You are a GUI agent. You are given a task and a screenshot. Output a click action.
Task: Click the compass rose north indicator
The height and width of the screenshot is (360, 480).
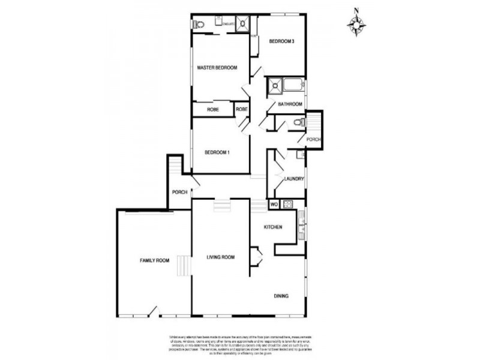point(356,24)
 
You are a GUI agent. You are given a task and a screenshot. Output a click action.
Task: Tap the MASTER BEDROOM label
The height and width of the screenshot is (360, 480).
point(217,68)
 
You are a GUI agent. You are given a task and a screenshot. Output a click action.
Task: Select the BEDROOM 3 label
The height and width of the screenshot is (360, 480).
point(281,41)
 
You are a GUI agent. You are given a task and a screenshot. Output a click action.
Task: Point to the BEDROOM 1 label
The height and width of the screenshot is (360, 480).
point(217,152)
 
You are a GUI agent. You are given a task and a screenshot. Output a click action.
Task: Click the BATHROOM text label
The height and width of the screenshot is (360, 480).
point(290,104)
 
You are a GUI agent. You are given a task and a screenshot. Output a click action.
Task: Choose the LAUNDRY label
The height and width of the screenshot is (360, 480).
point(294,179)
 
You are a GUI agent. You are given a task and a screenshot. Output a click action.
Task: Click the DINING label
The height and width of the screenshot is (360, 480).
point(281,296)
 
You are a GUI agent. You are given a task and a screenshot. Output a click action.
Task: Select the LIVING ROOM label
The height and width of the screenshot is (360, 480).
point(220,257)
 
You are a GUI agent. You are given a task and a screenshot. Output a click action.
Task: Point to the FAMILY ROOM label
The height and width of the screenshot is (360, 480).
point(154,260)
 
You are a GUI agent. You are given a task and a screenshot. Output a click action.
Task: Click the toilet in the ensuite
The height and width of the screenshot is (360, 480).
point(199,25)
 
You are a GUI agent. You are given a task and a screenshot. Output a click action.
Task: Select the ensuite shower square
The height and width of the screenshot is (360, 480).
point(243,23)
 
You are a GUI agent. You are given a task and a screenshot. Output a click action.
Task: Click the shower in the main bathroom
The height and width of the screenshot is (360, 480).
point(275,85)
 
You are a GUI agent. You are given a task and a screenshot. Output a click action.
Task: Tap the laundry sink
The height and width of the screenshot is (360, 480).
point(300,155)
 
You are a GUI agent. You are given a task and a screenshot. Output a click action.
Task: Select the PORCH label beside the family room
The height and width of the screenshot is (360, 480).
point(179,192)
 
